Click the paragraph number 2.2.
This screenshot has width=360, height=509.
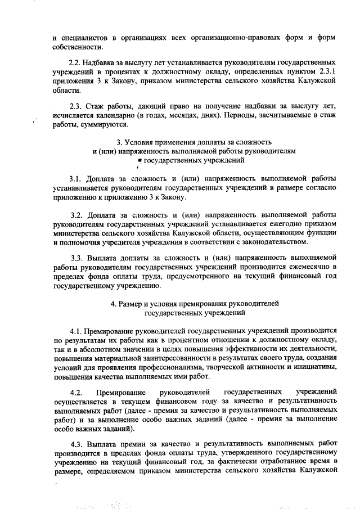(x=75, y=60)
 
